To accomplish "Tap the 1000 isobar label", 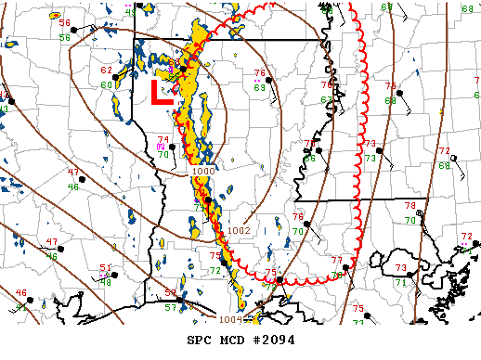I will (202, 172).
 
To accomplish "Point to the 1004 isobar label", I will (230, 319).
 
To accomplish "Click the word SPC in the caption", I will (201, 341).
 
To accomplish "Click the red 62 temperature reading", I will (107, 71).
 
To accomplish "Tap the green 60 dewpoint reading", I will (106, 86).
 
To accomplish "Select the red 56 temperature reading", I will (65, 23).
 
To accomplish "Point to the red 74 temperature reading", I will (163, 140).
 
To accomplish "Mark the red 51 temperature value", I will (105, 268).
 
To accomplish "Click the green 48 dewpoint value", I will (105, 282).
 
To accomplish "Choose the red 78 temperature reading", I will (410, 206).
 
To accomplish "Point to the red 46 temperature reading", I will (21, 294).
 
